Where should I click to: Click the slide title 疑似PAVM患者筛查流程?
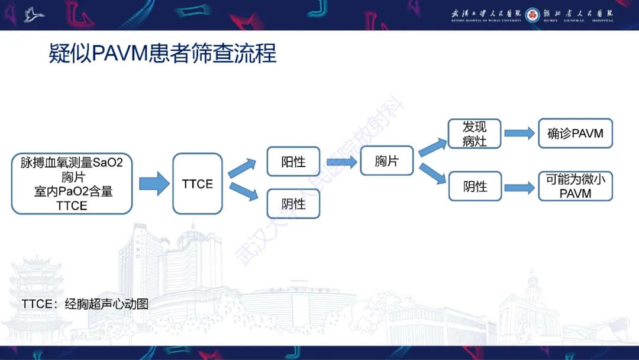tap(163, 54)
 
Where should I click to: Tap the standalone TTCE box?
tap(198, 184)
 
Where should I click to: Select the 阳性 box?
tap(293, 162)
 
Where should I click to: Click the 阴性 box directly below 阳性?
tap(293, 204)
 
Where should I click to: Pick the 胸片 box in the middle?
tap(386, 161)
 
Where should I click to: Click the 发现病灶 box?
tap(475, 134)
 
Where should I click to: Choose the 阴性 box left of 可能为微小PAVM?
tap(475, 187)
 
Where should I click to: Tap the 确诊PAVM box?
tap(575, 133)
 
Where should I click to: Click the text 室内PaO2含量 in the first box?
tap(72, 191)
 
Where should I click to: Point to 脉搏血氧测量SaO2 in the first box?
tap(72, 162)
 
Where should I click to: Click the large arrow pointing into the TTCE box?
tap(154, 184)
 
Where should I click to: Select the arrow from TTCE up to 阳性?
tap(242, 168)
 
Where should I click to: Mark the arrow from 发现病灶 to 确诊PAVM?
tap(519, 134)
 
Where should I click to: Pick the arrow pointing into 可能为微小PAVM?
tap(519, 188)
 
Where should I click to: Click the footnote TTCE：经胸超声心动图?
tap(85, 304)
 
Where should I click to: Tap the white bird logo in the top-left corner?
tap(34, 15)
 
